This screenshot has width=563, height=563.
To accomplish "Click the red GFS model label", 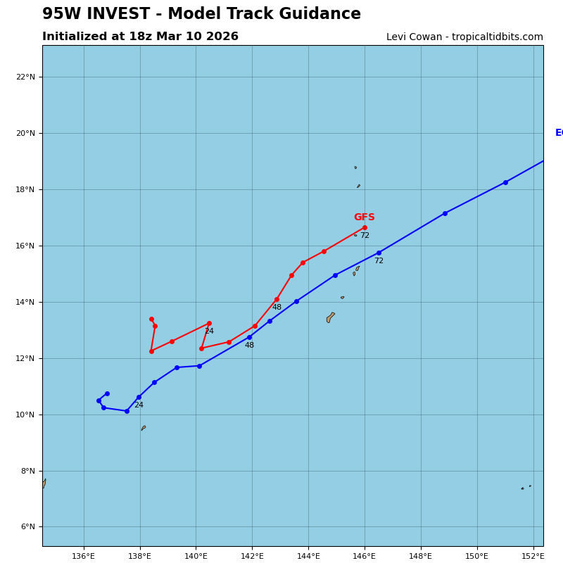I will [x=364, y=217].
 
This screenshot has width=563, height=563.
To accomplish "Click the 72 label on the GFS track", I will [x=365, y=236].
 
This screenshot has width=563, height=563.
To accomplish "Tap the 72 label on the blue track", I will [x=379, y=261].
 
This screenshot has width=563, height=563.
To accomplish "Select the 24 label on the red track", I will [x=209, y=331].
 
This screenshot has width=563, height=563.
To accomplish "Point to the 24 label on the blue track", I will [x=139, y=405].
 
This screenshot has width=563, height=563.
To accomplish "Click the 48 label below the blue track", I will [x=249, y=346].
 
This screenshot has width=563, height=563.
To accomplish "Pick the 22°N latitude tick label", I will [x=26, y=77].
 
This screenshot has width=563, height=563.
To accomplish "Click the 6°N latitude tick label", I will [x=26, y=527].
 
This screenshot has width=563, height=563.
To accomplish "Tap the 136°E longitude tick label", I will [x=84, y=557].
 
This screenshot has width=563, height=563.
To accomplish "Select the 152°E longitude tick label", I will [x=533, y=557].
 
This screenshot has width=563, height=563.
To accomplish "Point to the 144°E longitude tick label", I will [x=308, y=557].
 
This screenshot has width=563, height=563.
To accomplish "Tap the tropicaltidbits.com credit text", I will [x=495, y=37].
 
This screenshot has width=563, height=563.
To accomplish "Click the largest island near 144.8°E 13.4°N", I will [x=330, y=317].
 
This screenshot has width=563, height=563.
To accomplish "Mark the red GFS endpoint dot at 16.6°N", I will [x=365, y=227].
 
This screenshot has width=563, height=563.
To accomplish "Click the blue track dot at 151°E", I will [x=505, y=182].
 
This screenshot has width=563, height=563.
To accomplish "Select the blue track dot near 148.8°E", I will [x=445, y=213].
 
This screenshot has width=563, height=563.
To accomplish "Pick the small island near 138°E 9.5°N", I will [x=143, y=428].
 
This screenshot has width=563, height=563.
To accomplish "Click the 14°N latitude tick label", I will [x=26, y=302].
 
